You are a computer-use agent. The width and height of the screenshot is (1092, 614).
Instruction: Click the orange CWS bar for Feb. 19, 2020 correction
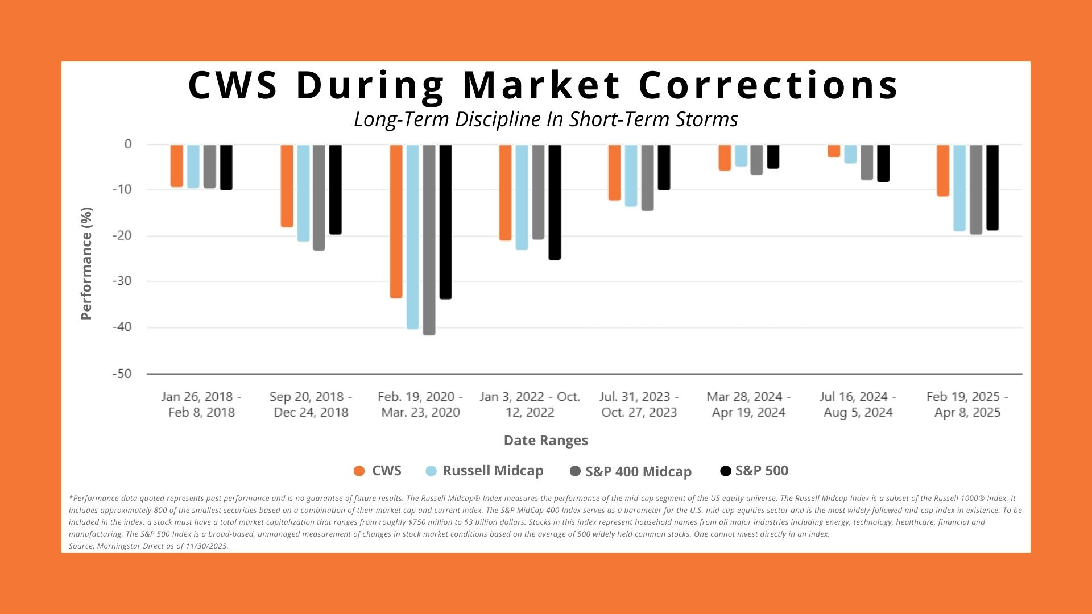[x=396, y=221]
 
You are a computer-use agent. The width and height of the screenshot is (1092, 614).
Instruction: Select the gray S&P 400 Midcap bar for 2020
[x=429, y=239]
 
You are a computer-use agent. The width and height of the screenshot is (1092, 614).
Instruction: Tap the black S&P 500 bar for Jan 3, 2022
[x=555, y=202]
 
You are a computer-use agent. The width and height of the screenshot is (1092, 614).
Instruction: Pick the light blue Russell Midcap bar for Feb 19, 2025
[x=959, y=188]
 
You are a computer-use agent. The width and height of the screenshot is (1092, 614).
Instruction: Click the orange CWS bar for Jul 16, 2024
[x=834, y=151]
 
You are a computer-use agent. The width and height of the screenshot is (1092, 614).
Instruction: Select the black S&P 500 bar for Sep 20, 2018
[x=336, y=189]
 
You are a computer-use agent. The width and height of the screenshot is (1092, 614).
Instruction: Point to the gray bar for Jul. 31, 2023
[x=647, y=177]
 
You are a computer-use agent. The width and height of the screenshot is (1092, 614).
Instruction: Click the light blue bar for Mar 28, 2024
[x=741, y=155]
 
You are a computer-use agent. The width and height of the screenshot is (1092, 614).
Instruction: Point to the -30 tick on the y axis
[x=122, y=281]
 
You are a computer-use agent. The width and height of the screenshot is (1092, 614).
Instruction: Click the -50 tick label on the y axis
[x=122, y=374]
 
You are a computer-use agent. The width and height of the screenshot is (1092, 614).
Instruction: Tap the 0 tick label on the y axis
[x=128, y=144]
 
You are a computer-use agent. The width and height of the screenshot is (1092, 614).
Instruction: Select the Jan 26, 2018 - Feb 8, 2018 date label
[x=201, y=404]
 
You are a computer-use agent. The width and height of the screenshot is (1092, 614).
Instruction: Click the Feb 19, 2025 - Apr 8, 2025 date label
[x=967, y=404]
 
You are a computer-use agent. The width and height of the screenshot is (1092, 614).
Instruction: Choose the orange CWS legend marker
[x=359, y=471]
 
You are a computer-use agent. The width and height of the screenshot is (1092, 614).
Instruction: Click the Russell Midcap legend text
[x=493, y=471]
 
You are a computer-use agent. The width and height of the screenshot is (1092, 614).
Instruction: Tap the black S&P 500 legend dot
[x=726, y=471]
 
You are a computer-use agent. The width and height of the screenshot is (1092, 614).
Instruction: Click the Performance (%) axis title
[x=86, y=263]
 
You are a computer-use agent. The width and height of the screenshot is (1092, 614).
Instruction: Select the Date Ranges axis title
[x=545, y=441]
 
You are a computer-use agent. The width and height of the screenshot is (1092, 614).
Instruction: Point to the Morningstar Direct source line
[x=148, y=546]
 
